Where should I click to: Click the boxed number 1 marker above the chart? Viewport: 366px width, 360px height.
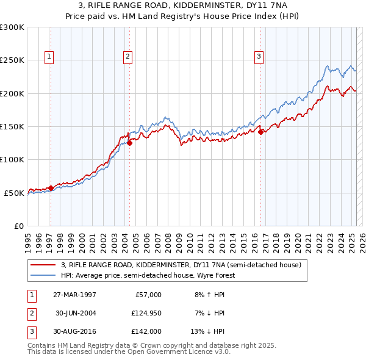(x=49, y=57)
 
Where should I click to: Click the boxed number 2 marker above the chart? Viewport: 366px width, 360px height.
(x=128, y=57)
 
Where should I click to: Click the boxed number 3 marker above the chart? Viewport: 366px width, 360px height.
(x=259, y=57)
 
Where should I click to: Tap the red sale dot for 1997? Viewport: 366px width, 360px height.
(x=51, y=188)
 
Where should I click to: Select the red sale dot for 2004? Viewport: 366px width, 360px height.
(x=129, y=143)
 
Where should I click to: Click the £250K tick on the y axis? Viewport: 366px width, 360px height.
(x=12, y=60)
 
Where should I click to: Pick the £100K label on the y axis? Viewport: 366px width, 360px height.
(x=12, y=159)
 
